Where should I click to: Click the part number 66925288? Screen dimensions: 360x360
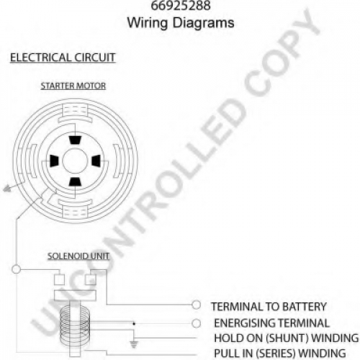click(x=181, y=5)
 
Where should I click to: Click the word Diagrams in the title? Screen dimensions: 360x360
click(x=204, y=23)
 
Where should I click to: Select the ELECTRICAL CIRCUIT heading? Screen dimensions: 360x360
click(x=63, y=58)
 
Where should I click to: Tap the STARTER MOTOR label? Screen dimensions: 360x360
click(x=73, y=86)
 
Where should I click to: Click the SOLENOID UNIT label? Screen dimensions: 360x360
click(x=78, y=256)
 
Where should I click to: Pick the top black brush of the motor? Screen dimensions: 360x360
click(x=75, y=140)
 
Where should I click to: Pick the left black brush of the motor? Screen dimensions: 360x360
click(x=54, y=161)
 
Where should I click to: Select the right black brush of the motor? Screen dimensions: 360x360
click(x=96, y=161)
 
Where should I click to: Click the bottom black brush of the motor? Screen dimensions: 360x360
click(x=75, y=182)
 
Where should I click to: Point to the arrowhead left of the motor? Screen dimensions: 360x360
click(x=6, y=189)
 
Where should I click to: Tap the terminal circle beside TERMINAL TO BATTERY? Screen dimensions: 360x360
click(x=196, y=305)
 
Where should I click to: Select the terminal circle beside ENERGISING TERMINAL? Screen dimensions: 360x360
click(x=196, y=323)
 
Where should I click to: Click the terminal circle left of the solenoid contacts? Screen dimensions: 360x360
click(x=16, y=269)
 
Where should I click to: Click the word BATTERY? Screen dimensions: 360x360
click(x=305, y=307)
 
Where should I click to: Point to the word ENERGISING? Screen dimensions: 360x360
click(x=245, y=323)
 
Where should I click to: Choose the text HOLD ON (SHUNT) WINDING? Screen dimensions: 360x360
click(x=287, y=338)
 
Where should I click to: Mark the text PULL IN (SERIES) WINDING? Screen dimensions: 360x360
click(x=280, y=354)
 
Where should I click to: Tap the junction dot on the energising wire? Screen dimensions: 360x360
click(x=134, y=324)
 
